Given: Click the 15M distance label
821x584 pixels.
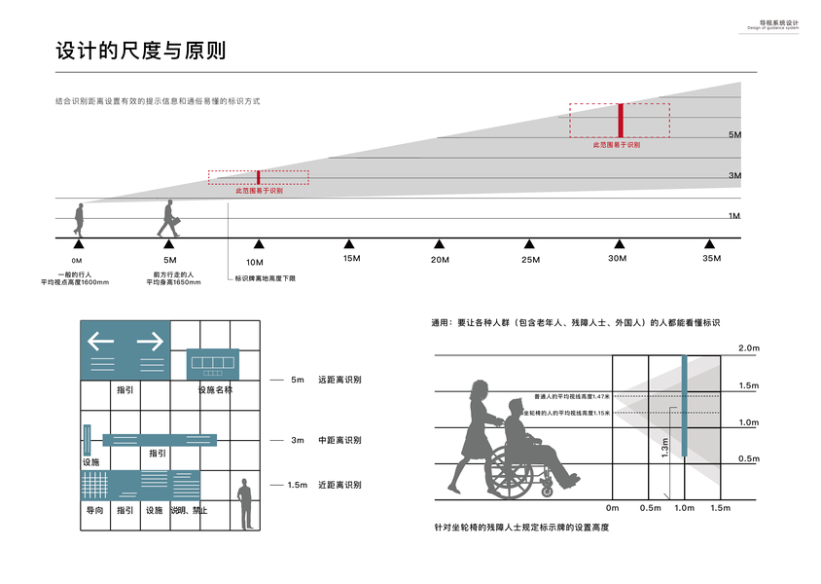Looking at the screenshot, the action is (x=351, y=259).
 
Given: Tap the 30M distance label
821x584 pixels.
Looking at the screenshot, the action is (x=618, y=259).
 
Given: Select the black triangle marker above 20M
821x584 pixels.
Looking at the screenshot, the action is (x=439, y=244).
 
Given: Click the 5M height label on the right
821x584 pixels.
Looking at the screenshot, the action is (x=735, y=134).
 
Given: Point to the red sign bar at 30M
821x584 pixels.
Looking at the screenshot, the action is (x=620, y=120).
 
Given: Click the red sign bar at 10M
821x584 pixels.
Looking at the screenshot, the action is (x=258, y=177).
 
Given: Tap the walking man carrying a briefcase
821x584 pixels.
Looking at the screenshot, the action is (x=169, y=219).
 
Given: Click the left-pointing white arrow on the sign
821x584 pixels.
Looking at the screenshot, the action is (x=101, y=342).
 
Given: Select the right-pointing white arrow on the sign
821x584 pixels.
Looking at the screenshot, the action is (x=149, y=342).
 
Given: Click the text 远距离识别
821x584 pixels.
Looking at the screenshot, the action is (x=339, y=380).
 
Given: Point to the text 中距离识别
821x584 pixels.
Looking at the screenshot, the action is (x=339, y=440).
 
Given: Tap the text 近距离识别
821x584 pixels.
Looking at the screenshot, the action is (x=339, y=485).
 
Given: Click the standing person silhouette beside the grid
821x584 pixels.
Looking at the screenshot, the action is (x=246, y=502).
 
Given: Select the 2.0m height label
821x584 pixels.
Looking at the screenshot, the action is (x=748, y=348).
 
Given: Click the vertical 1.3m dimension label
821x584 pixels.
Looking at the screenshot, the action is (x=665, y=448).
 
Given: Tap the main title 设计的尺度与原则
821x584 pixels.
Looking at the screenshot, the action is (x=141, y=51).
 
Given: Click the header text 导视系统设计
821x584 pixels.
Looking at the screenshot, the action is (x=778, y=21).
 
